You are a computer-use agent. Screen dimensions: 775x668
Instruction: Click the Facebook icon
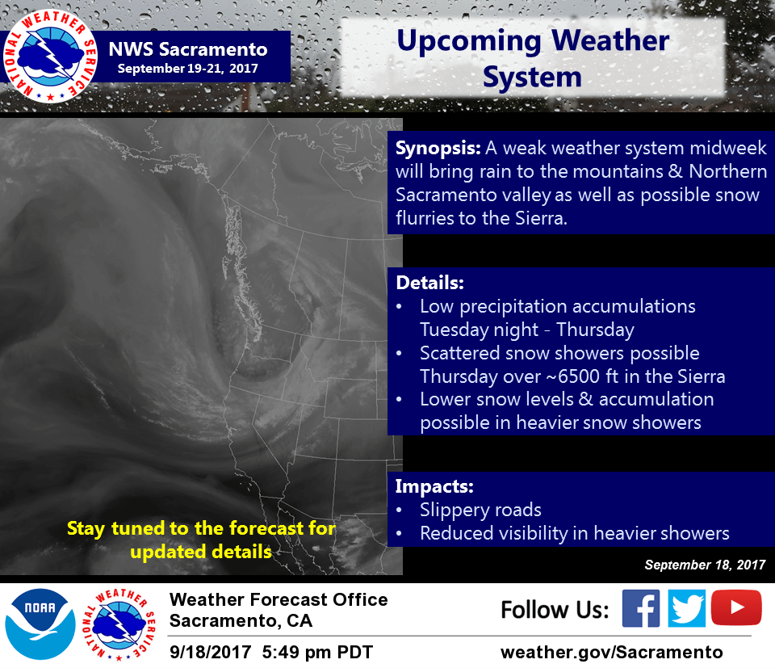[640, 608]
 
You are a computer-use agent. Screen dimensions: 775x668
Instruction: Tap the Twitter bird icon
[686, 608]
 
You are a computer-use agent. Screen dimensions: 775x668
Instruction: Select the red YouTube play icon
[736, 607]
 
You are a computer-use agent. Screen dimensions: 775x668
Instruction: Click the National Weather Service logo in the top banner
[50, 56]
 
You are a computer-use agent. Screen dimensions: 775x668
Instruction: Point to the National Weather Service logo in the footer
[119, 625]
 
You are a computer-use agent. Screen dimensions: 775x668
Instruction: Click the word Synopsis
[438, 149]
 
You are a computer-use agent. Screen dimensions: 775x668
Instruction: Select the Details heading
[430, 283]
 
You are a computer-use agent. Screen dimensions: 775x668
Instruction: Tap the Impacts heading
[434, 486]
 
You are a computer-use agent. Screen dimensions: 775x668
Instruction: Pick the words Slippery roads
[480, 510]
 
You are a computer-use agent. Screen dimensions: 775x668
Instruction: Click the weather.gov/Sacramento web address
[611, 652]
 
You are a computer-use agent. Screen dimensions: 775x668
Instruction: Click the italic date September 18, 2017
[705, 565]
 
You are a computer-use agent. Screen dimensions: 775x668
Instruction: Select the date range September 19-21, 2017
[188, 68]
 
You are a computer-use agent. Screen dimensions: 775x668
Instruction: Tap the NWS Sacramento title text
[188, 49]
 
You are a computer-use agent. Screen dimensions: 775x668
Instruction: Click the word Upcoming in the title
[469, 41]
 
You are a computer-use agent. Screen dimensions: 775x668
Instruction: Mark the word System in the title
[532, 77]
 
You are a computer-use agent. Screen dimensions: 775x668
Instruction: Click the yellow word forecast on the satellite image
[266, 528]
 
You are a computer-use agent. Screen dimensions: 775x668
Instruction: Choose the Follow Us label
[555, 609]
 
